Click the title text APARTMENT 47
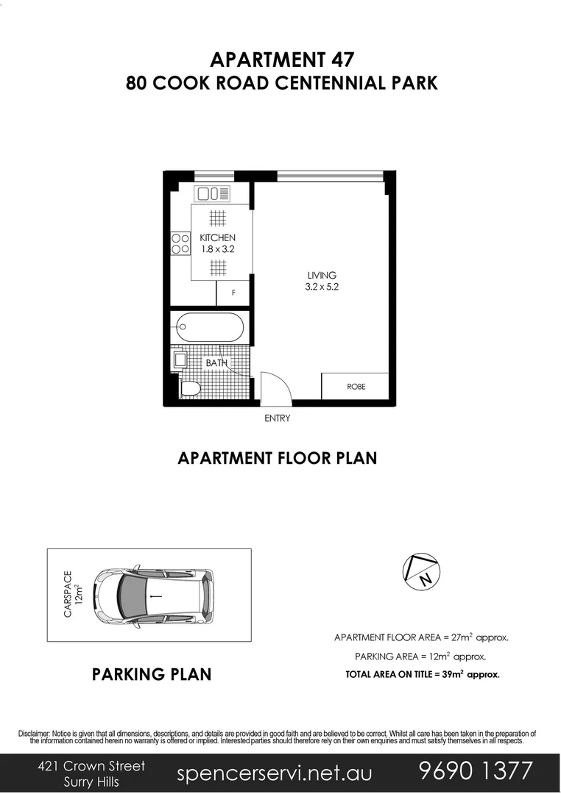pos(280,59)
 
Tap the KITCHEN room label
pos(217,237)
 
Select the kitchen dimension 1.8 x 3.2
pos(217,249)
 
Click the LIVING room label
pos(322,276)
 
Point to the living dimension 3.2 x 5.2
pos(322,287)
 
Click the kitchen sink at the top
pos(212,194)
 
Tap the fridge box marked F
pos(233,293)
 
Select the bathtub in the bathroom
pos(208,327)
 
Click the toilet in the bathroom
pos(189,388)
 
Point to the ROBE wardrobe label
pos(356,386)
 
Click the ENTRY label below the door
pos(278,418)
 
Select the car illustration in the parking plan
pos(155,595)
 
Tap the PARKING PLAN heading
pos(152,674)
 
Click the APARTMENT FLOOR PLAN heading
pos(278,458)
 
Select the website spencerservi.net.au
pos(275,773)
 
